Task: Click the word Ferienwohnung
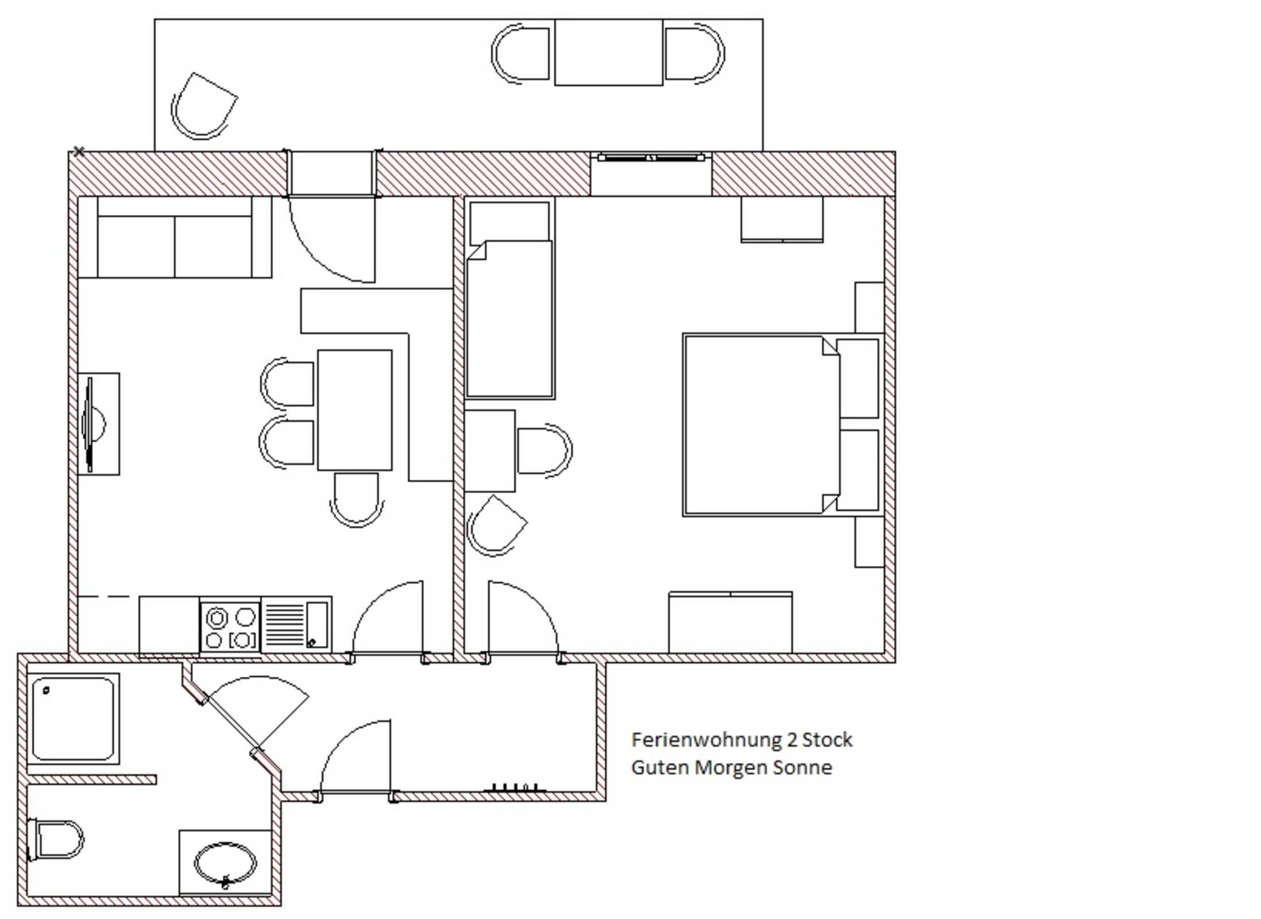[x=707, y=740]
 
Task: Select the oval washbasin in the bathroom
[x=225, y=864]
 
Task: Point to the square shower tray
[x=73, y=719]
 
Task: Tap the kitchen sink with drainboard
[x=296, y=624]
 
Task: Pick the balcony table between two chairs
[x=608, y=52]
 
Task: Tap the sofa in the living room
[x=175, y=237]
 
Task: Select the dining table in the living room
[x=355, y=410]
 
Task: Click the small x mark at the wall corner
[x=79, y=151]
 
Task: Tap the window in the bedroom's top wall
[x=651, y=157]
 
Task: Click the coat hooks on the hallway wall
[x=515, y=788]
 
